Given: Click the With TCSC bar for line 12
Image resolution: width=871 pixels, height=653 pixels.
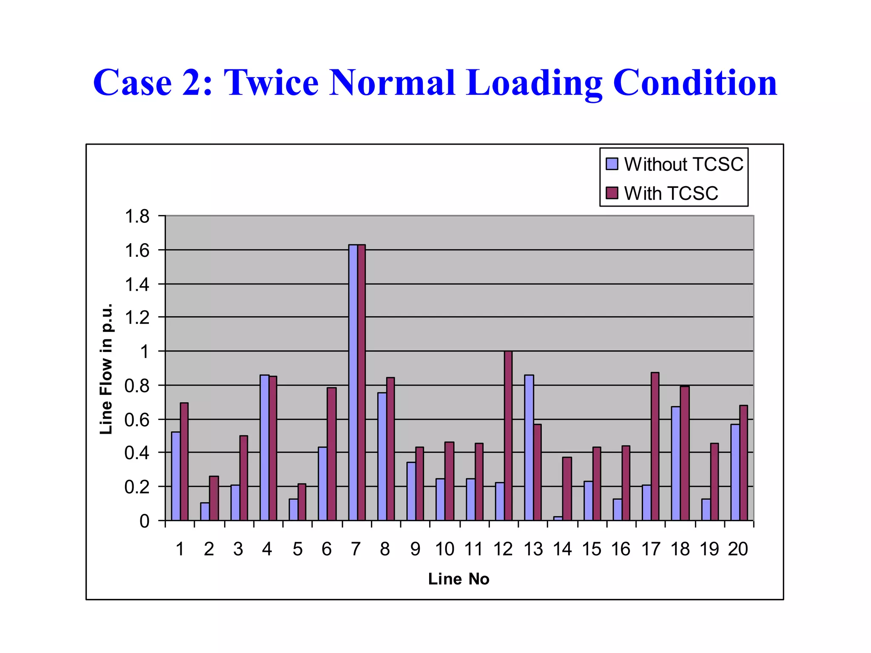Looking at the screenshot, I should pyautogui.click(x=508, y=436).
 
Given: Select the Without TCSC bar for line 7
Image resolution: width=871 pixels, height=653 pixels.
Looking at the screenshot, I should pyautogui.click(x=353, y=383).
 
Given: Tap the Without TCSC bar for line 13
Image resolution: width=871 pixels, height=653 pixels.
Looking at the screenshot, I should pyautogui.click(x=529, y=448).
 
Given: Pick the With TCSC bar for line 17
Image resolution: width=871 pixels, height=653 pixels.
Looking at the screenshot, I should pyautogui.click(x=655, y=446).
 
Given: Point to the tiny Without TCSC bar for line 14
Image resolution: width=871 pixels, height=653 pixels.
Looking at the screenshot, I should pyautogui.click(x=558, y=518).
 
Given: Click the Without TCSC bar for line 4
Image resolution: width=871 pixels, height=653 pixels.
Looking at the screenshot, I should pyautogui.click(x=265, y=448).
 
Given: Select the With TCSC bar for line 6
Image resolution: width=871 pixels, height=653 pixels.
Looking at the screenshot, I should pyautogui.click(x=331, y=454).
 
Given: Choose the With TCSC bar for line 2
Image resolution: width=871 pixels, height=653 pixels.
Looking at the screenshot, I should pyautogui.click(x=214, y=498).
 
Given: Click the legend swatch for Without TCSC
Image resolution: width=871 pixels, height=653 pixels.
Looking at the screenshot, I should pyautogui.click(x=612, y=164).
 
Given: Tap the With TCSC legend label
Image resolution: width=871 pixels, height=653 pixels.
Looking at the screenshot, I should pyautogui.click(x=671, y=193).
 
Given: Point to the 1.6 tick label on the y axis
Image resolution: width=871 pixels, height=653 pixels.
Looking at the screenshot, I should pyautogui.click(x=137, y=250).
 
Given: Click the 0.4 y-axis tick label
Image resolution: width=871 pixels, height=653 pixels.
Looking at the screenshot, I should pyautogui.click(x=137, y=453).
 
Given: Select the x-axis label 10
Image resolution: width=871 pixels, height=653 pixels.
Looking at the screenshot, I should pyautogui.click(x=444, y=549).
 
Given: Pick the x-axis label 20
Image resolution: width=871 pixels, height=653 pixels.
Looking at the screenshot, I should pyautogui.click(x=738, y=549).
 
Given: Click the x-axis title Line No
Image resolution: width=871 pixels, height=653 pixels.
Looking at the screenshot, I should pyautogui.click(x=458, y=579).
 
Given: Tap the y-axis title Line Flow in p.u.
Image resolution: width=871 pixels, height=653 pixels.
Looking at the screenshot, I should pyautogui.click(x=106, y=369).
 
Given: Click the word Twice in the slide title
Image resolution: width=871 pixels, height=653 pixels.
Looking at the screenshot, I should pyautogui.click(x=271, y=82).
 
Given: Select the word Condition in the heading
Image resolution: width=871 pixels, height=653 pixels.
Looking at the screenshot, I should pyautogui.click(x=695, y=82).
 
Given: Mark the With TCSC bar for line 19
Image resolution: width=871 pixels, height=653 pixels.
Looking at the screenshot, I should pyautogui.click(x=714, y=482).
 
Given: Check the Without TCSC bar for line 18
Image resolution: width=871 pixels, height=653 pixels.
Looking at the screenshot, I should pyautogui.click(x=675, y=463).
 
